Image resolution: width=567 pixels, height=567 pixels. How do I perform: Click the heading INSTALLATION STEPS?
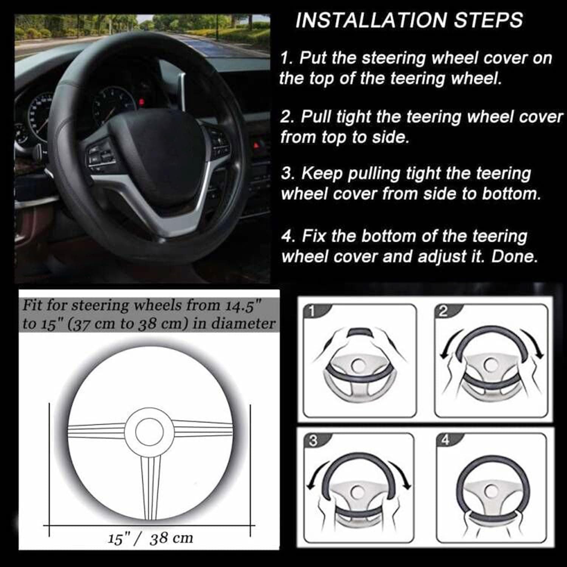[x=409, y=20]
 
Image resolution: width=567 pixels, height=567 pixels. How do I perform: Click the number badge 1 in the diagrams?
[x=311, y=311]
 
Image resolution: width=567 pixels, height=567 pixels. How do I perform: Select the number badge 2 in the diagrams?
[x=443, y=311]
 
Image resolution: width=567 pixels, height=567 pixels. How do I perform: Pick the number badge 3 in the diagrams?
[x=313, y=441]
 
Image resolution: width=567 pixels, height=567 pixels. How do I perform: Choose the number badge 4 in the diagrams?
[x=445, y=440]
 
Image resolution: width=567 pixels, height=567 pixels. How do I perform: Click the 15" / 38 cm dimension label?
[x=150, y=538]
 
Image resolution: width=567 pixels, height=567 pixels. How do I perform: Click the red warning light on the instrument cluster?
[x=142, y=101]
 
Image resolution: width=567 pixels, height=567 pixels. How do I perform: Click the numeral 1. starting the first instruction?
[x=287, y=59]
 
